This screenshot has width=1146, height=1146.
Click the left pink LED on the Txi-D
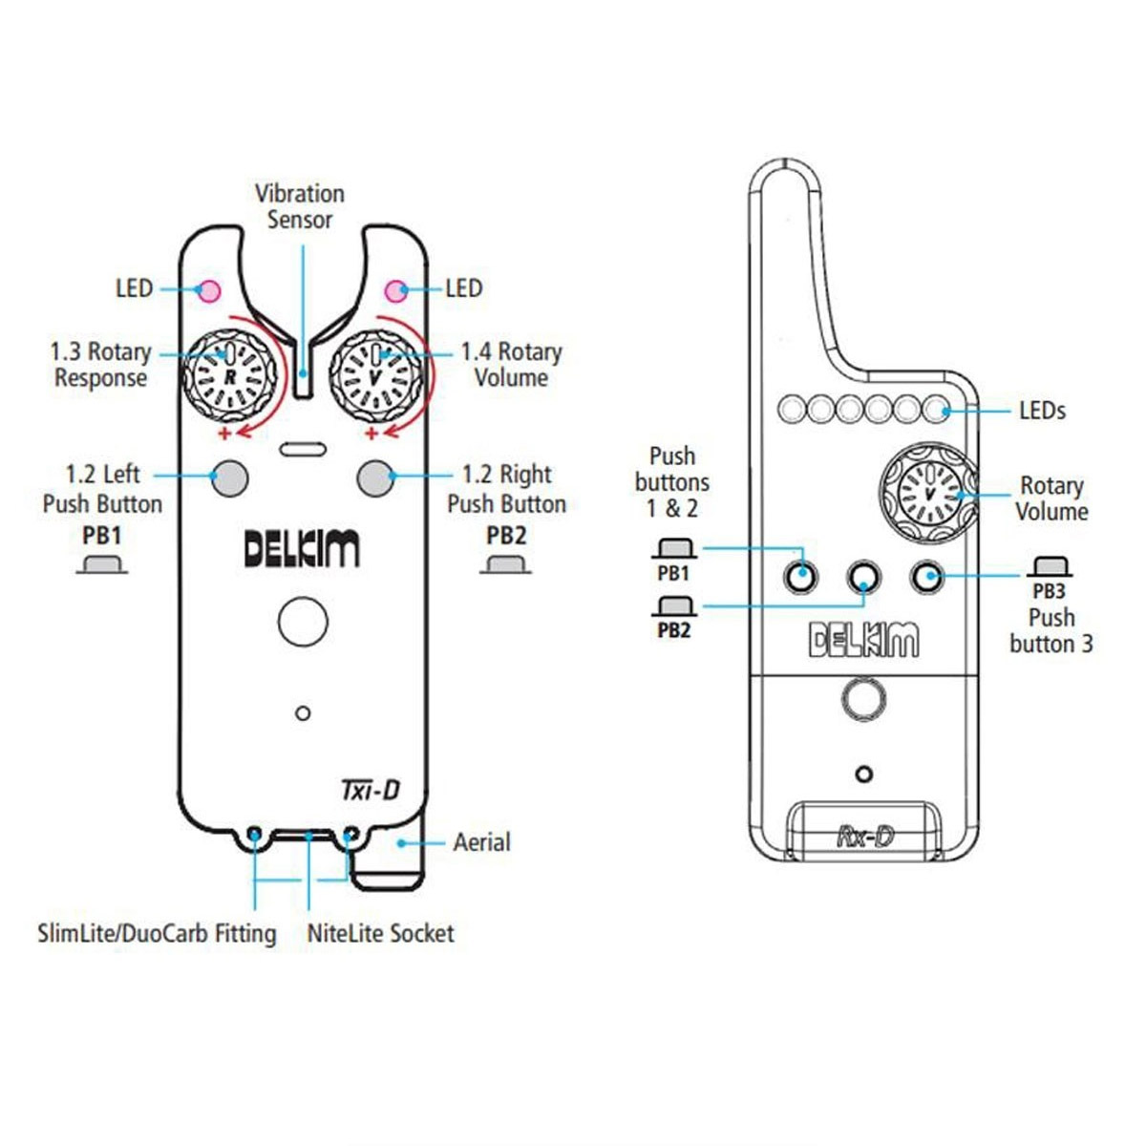click(x=207, y=290)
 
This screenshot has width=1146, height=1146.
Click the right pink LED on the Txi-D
click(x=394, y=290)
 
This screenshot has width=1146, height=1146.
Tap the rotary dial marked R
click(x=229, y=376)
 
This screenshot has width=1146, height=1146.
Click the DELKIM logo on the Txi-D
click(x=302, y=549)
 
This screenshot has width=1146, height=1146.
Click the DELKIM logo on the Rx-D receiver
click(x=863, y=640)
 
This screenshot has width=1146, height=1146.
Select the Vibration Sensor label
click(x=300, y=206)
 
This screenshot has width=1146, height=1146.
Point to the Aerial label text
click(x=481, y=842)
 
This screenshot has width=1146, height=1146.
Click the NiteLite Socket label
click(x=380, y=933)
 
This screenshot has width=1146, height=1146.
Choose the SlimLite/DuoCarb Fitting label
click(x=157, y=933)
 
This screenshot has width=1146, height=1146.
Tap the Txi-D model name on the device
click(x=371, y=790)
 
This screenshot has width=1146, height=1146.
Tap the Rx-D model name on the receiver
click(x=865, y=836)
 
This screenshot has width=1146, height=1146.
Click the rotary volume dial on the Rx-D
click(x=927, y=490)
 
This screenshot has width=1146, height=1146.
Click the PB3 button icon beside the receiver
click(x=1049, y=567)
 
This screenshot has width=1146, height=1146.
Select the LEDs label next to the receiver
click(x=1042, y=411)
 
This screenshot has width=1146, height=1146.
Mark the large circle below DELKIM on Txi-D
click(x=303, y=622)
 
